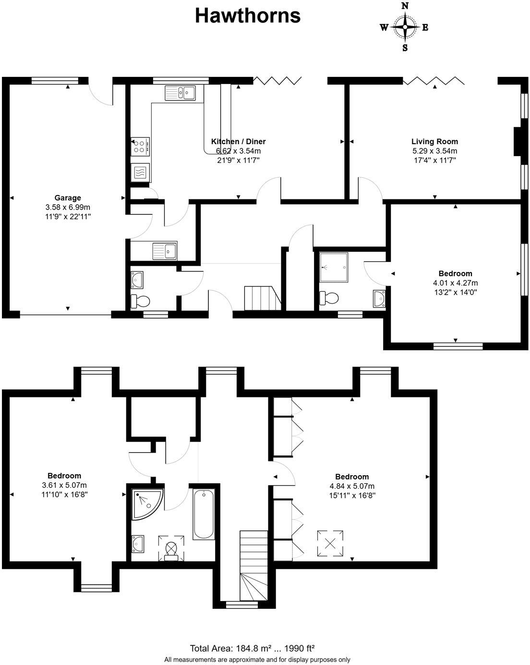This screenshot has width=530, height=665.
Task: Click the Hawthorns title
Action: click(x=247, y=16)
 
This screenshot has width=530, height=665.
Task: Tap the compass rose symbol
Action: click(x=405, y=27)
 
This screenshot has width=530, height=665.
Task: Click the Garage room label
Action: click(x=67, y=197)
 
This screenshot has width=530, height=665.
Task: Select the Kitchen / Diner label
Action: click(x=238, y=141)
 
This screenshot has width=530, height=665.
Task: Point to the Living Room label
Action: click(x=434, y=141)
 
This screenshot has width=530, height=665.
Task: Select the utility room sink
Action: click(x=164, y=250)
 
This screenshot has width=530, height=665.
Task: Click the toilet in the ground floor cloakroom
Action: click(x=141, y=301)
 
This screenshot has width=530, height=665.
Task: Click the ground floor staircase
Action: click(x=262, y=298)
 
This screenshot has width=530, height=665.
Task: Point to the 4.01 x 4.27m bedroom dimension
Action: click(x=456, y=283)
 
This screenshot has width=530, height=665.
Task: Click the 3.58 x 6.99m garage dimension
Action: click(x=67, y=207)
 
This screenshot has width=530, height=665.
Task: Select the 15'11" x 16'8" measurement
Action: click(x=352, y=495)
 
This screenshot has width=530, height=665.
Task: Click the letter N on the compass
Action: click(x=405, y=6)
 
